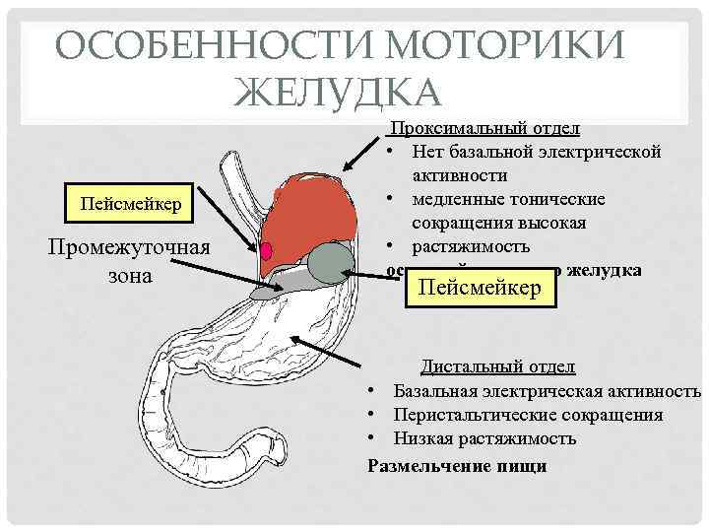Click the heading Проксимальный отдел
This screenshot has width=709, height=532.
485,129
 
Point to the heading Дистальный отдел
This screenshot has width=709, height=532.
498,367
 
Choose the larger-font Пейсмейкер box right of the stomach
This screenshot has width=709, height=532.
481,289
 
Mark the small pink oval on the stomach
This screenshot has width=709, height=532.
266,249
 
